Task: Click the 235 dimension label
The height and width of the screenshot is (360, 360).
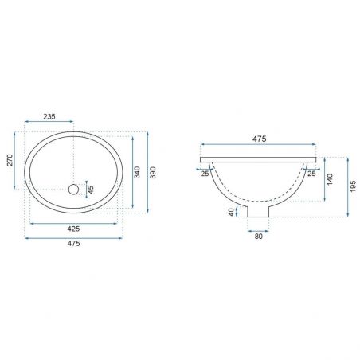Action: pos(49,116)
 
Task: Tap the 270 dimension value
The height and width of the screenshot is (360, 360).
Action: pos(10,160)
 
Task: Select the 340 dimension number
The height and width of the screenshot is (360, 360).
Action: pos(137,172)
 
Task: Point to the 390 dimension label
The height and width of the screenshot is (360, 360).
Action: pos(153,172)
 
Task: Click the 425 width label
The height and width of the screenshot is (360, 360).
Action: pos(73,229)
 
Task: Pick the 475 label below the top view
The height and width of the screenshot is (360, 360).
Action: pos(73,243)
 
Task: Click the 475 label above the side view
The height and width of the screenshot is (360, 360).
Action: pos(259,139)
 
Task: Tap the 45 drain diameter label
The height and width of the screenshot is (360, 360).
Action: pos(91,190)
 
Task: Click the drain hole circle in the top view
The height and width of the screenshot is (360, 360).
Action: pos(73,190)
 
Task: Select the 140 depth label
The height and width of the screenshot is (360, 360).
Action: pos(330,179)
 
